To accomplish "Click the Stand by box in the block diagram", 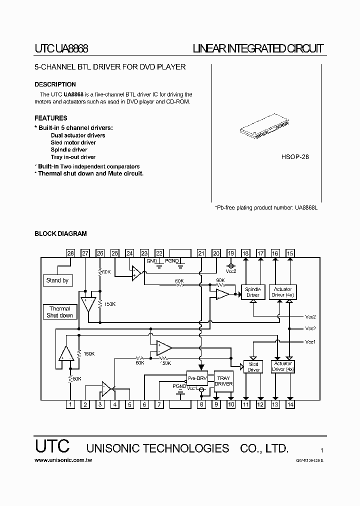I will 57,280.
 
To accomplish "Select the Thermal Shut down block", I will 59,312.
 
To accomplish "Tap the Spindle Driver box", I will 253,292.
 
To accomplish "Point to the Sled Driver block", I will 253,367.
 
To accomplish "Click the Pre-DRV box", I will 197,378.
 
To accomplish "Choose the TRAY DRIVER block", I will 223,380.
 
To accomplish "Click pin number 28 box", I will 70,253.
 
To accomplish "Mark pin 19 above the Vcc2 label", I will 231,253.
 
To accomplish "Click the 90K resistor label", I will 220,280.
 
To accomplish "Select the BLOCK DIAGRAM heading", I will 60,233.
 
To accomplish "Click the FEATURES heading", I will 50,118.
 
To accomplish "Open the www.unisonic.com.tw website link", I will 63,460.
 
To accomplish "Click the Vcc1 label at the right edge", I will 310,341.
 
